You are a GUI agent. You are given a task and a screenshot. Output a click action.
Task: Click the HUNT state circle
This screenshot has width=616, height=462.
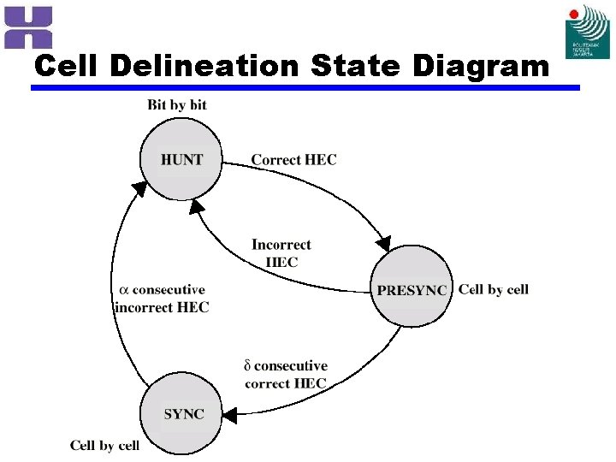[x=181, y=159]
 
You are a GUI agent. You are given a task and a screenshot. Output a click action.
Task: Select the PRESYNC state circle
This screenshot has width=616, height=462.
[x=412, y=287]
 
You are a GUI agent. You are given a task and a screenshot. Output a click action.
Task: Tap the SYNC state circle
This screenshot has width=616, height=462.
[x=183, y=413]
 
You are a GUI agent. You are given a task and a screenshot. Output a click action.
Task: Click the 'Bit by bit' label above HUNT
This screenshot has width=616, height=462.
[x=177, y=105]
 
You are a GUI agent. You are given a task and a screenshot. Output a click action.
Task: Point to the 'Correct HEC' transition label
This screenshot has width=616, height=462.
[x=293, y=159]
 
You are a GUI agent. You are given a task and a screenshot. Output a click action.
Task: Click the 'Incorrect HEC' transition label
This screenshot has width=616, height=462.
[x=281, y=253]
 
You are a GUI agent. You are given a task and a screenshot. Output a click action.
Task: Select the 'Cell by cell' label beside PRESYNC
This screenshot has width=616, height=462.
[x=494, y=289]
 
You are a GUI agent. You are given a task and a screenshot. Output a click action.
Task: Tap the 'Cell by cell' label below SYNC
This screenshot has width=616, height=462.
[x=104, y=445]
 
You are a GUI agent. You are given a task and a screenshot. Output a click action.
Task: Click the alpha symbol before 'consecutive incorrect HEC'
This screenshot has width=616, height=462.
[x=122, y=290]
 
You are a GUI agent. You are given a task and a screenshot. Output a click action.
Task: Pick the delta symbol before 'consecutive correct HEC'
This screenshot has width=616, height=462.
[x=248, y=366]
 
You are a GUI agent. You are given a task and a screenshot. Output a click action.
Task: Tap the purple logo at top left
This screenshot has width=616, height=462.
[x=28, y=27]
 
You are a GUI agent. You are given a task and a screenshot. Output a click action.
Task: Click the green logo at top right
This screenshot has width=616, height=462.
[x=587, y=32]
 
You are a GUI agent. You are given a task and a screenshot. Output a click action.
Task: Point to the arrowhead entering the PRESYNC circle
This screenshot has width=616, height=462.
[x=386, y=242]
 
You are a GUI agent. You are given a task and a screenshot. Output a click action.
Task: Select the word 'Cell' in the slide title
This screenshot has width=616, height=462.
[x=71, y=66]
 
